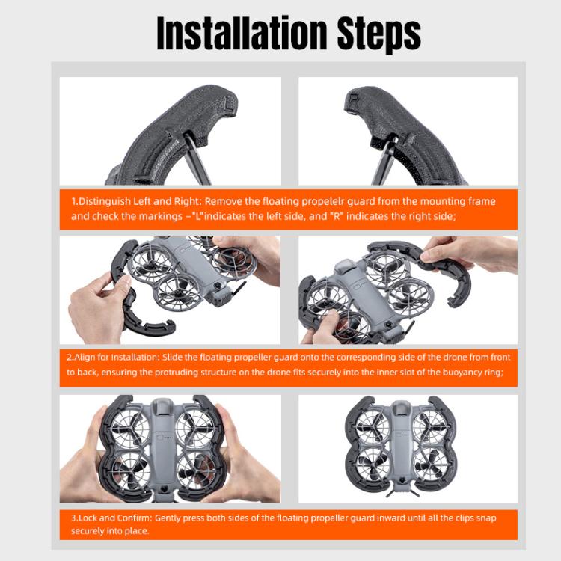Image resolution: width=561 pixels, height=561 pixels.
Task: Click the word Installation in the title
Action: [242, 33]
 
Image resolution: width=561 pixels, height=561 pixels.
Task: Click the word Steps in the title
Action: [379, 34]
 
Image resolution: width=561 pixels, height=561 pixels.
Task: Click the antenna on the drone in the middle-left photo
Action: [239, 286]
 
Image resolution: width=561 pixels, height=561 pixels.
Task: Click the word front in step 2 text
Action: [500, 358]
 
